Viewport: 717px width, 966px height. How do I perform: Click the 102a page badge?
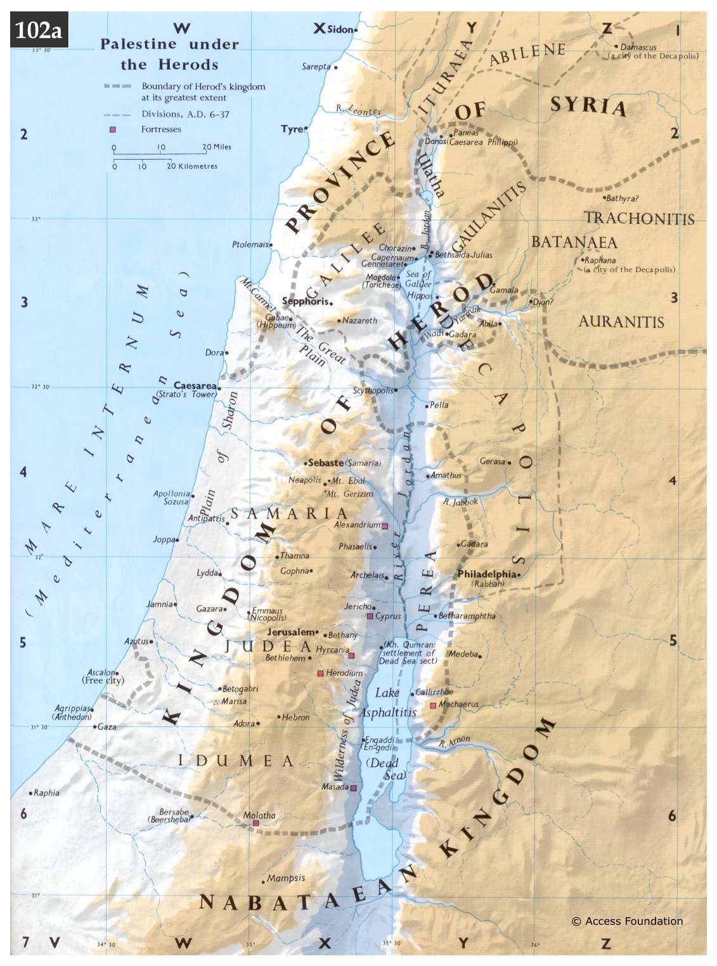pyautogui.click(x=39, y=30)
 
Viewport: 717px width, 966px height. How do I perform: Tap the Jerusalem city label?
pyautogui.click(x=292, y=632)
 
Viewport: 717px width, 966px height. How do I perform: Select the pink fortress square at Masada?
pyautogui.click(x=354, y=788)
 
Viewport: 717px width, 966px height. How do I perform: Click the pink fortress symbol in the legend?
pyautogui.click(x=113, y=129)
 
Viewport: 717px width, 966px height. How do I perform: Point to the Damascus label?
pyautogui.click(x=638, y=47)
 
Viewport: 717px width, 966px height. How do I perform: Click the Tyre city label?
pyautogui.click(x=292, y=129)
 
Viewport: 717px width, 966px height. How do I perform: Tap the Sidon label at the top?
pyautogui.click(x=340, y=29)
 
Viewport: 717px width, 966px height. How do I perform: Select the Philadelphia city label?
pyautogui.click(x=486, y=574)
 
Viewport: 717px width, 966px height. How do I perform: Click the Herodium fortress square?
pyautogui.click(x=321, y=673)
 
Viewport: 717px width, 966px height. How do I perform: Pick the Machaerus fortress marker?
pyautogui.click(x=433, y=705)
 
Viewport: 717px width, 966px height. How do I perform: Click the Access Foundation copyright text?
pyautogui.click(x=627, y=921)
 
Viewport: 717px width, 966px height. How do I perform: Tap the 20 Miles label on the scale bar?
pyautogui.click(x=217, y=147)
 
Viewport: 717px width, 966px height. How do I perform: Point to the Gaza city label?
pyautogui.click(x=107, y=726)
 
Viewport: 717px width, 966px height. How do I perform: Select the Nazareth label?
pyautogui.click(x=359, y=321)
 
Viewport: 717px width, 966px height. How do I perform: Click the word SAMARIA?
pyautogui.click(x=288, y=513)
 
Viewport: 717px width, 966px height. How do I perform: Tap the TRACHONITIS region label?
pyautogui.click(x=638, y=219)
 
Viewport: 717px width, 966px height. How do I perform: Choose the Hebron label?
pyautogui.click(x=295, y=718)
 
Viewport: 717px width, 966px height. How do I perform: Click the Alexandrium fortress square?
pyautogui.click(x=384, y=526)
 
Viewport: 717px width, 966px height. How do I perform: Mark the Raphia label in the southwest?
pyautogui.click(x=46, y=793)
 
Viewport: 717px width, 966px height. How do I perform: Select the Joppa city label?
pyautogui.click(x=164, y=539)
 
